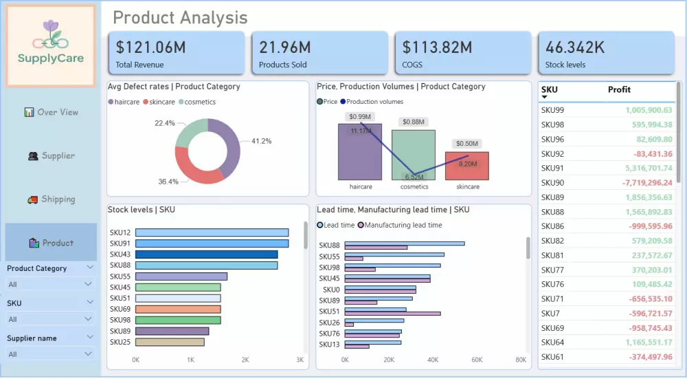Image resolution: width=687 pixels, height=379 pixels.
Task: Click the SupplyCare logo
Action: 50,45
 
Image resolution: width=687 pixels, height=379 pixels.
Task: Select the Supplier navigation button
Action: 51,155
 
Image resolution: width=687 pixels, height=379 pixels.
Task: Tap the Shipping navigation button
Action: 51,199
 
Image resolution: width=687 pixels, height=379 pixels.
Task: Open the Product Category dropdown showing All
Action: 50,284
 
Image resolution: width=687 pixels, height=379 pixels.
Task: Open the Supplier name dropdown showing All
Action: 50,354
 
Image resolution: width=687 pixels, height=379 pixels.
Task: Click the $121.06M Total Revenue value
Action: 150,47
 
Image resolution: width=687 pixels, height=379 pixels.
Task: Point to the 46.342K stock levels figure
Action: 575,47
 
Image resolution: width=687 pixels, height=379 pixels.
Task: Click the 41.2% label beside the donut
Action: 261,141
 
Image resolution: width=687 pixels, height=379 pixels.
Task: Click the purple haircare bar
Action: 359,152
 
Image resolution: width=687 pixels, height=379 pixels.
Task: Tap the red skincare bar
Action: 467,166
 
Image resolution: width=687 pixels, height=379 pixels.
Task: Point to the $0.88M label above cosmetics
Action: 414,122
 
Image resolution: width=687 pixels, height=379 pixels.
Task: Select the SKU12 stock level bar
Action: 212,232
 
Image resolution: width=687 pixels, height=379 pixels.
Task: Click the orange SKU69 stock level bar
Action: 178,309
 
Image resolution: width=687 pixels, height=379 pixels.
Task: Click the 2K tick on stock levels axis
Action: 245,360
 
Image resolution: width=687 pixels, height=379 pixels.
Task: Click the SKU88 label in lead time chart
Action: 330,246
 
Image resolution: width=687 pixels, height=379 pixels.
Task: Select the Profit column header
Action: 619,89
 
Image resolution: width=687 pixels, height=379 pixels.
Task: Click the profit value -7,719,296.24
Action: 646,182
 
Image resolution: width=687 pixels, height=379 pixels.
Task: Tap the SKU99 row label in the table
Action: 552,110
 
